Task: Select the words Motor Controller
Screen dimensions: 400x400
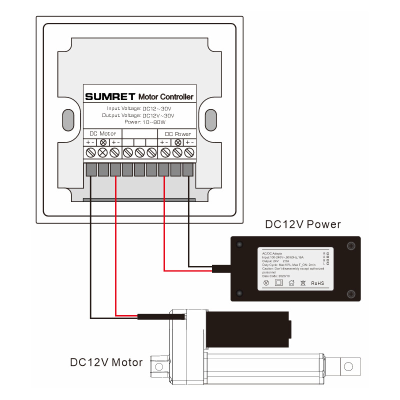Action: click(x=165, y=96)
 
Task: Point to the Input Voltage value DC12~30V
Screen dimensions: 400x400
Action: click(x=157, y=108)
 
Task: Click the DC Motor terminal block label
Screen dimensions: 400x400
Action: click(x=102, y=133)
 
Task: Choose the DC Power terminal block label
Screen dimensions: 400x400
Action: click(x=177, y=133)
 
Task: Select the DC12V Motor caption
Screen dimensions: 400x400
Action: click(x=106, y=362)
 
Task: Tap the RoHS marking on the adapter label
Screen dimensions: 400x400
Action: click(x=317, y=283)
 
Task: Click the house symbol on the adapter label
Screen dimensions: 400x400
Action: click(x=291, y=283)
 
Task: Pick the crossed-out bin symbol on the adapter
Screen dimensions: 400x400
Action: click(x=303, y=283)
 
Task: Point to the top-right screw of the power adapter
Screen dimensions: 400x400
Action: click(x=351, y=246)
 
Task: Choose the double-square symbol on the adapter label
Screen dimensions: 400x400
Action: click(x=278, y=283)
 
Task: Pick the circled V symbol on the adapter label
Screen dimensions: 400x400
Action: click(x=266, y=283)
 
